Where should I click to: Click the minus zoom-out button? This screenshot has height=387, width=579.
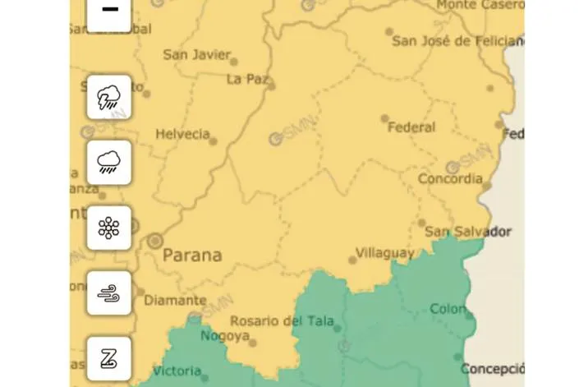(x=109, y=12)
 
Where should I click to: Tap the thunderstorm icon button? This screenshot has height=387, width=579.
(x=109, y=97)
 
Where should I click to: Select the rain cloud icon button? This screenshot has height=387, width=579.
(x=109, y=163)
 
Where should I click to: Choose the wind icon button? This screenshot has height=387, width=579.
(x=109, y=293)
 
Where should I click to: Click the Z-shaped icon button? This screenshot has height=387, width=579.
(x=109, y=358)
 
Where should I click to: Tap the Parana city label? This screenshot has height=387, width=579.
(x=192, y=255)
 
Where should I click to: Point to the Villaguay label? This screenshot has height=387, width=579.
(x=384, y=253)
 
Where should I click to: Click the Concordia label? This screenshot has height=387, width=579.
(x=450, y=178)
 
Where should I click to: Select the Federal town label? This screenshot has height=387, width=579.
(x=411, y=127)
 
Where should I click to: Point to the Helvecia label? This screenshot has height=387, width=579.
(x=182, y=134)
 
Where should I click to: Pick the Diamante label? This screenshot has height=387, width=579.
(x=175, y=301)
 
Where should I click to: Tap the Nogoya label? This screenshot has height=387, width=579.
(x=224, y=336)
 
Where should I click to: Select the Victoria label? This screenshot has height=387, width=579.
(x=177, y=370)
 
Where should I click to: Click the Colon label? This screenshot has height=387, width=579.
(x=448, y=309)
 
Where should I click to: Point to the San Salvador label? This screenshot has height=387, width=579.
(x=468, y=232)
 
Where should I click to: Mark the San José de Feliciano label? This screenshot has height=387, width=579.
(x=457, y=40)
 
